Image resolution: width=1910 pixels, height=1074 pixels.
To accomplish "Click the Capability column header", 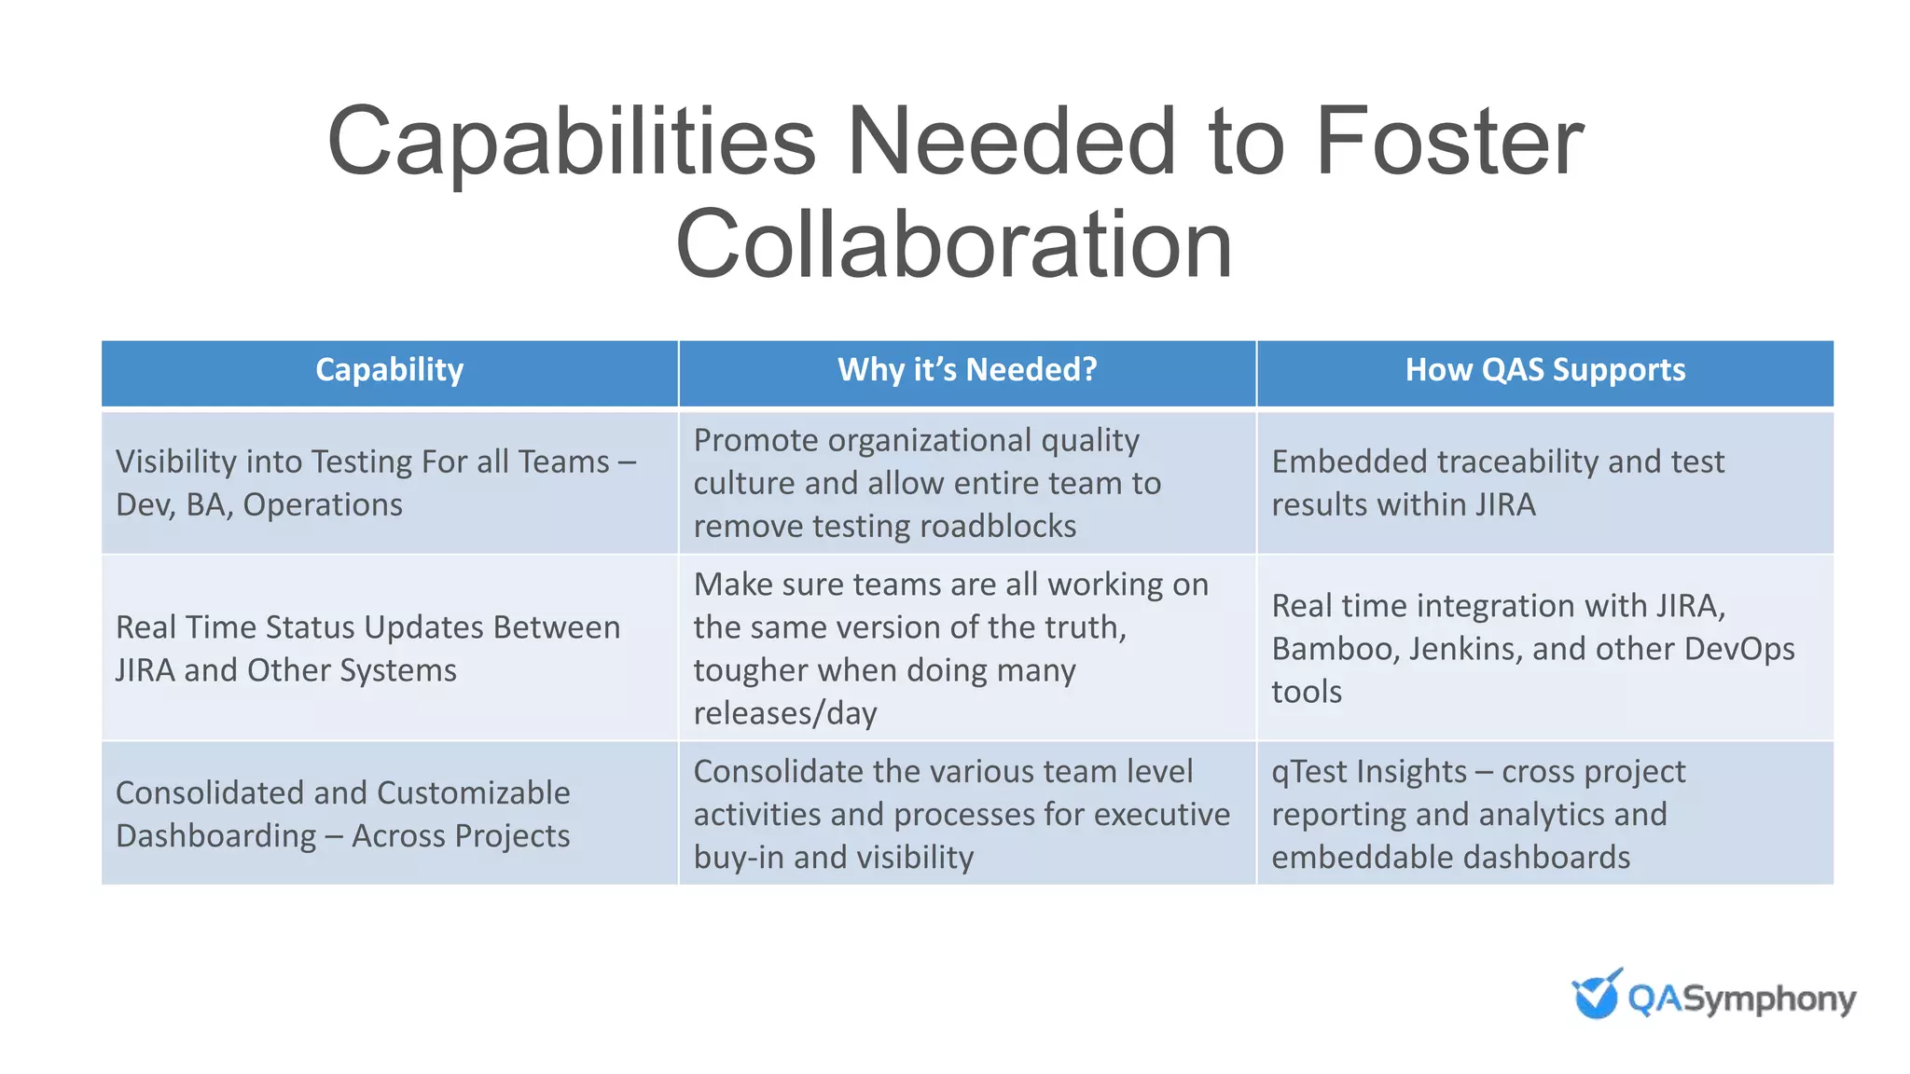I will click(x=389, y=370).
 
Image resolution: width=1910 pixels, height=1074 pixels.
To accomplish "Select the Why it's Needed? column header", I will click(x=967, y=370).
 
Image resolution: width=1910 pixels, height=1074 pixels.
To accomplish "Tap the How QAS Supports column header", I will click(x=1545, y=370).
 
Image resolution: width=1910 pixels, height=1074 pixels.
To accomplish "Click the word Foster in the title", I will click(x=1449, y=142).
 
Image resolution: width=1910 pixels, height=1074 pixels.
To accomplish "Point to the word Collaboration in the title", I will click(x=954, y=244).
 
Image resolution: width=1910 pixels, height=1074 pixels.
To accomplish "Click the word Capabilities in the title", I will click(x=572, y=142).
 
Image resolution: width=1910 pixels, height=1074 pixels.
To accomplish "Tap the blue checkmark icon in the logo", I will click(x=1597, y=995).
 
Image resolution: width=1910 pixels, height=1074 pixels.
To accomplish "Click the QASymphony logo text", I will click(x=1741, y=999).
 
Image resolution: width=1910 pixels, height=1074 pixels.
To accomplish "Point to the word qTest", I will click(x=1309, y=772).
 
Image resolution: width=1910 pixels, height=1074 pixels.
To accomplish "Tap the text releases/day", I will click(x=785, y=713).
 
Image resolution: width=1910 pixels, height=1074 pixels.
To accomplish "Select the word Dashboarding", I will click(x=216, y=836).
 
